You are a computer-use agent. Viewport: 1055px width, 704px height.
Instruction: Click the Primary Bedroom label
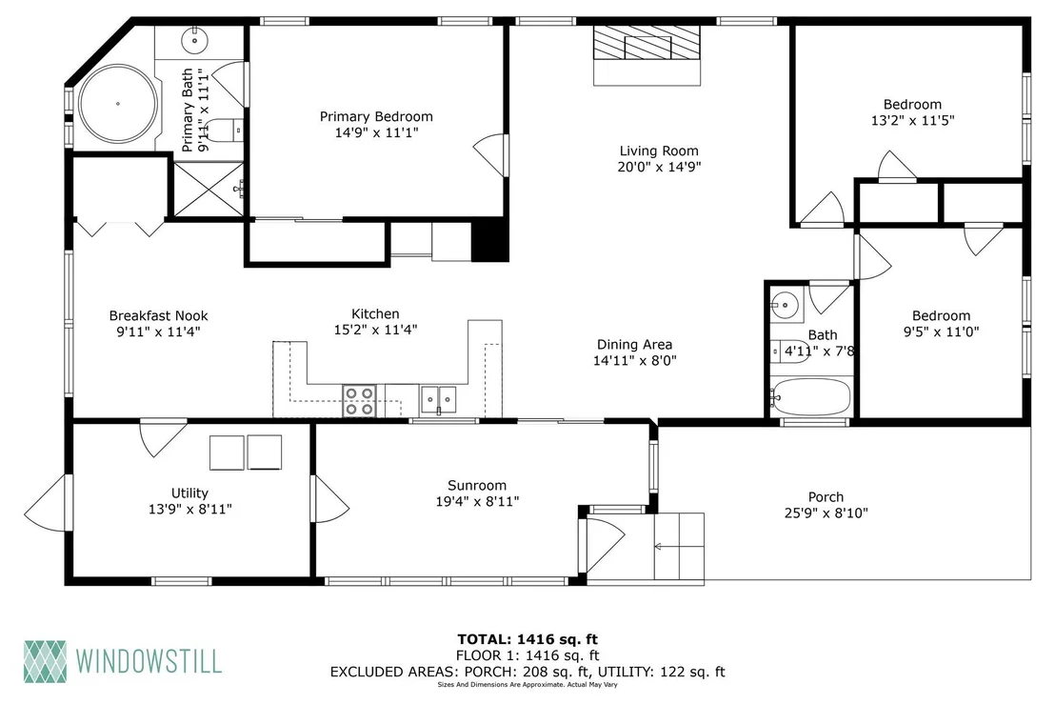(376, 116)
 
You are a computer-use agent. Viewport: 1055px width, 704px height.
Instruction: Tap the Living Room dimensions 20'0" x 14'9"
(659, 167)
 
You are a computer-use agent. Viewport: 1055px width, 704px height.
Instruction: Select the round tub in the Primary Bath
(118, 104)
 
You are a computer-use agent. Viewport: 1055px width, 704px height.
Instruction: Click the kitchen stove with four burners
(359, 400)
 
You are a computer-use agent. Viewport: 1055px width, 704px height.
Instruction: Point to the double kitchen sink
(438, 400)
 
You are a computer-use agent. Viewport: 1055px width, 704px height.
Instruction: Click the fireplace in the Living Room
(647, 55)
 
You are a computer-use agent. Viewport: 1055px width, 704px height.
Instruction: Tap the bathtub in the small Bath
(810, 396)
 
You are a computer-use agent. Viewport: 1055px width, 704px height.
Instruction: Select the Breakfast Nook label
(159, 315)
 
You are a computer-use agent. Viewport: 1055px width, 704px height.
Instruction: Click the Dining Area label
(634, 345)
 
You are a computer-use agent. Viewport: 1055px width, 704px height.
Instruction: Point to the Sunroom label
(477, 485)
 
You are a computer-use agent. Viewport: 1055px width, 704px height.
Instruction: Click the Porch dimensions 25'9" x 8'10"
(826, 513)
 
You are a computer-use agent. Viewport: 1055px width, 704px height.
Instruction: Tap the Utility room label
(189, 493)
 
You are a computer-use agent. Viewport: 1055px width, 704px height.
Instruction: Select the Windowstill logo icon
(45, 661)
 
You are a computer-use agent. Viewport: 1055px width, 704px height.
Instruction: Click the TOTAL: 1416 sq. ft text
(527, 639)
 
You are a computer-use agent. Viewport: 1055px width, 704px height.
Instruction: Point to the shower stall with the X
(209, 190)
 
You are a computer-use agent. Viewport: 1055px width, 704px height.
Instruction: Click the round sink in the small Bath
(785, 306)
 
